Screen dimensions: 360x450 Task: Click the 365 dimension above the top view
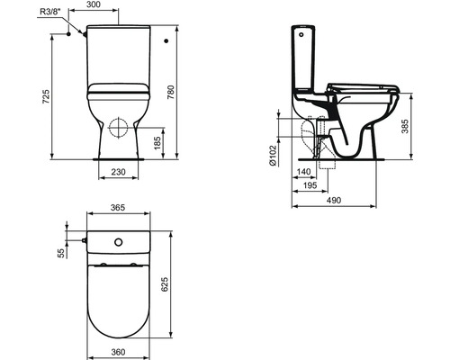(119, 208)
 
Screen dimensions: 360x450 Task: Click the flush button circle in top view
(119, 243)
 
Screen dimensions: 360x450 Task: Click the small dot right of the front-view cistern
(168, 40)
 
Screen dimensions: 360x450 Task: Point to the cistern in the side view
(304, 63)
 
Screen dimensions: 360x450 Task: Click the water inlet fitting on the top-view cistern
(82, 242)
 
